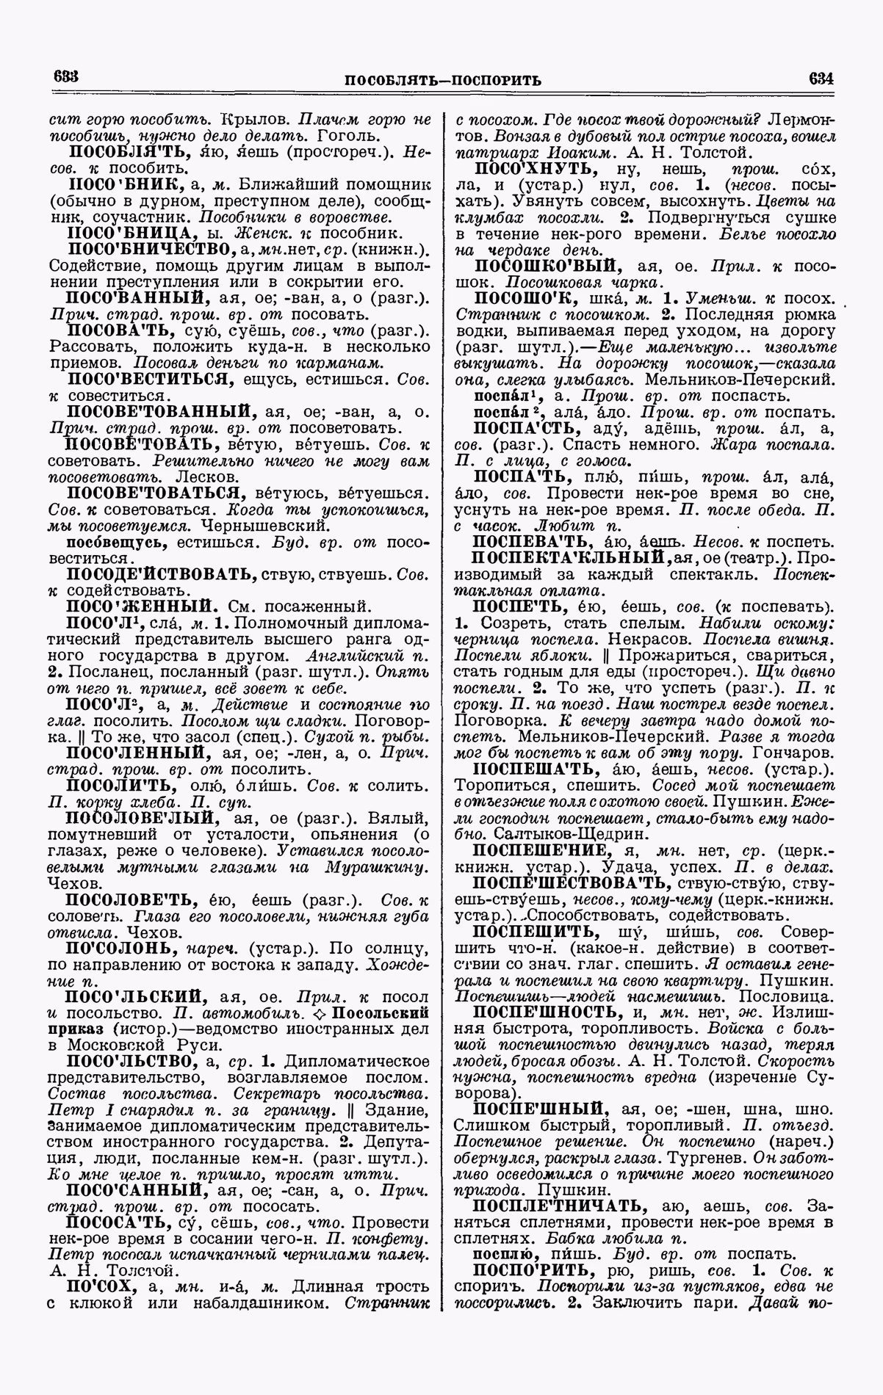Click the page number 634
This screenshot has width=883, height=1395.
[x=821, y=78]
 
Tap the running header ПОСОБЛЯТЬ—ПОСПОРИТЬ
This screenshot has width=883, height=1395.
[x=443, y=79]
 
